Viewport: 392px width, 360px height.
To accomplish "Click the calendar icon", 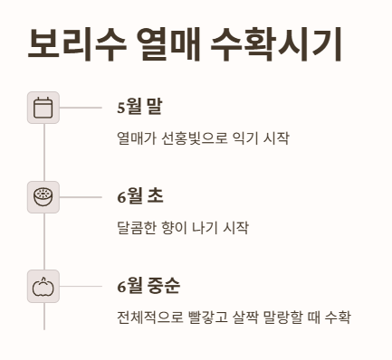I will point(43,108).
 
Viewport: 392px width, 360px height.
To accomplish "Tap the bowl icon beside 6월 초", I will point(43,196).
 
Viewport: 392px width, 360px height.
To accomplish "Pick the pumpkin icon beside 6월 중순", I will point(43,287).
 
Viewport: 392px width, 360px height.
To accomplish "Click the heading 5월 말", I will point(139,108).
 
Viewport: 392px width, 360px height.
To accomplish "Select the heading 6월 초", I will point(139,196).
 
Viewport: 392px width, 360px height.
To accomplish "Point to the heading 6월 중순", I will point(148,287).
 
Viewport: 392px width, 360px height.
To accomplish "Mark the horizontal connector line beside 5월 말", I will point(81,108).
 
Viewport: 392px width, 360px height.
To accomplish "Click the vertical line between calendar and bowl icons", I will point(43,152).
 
